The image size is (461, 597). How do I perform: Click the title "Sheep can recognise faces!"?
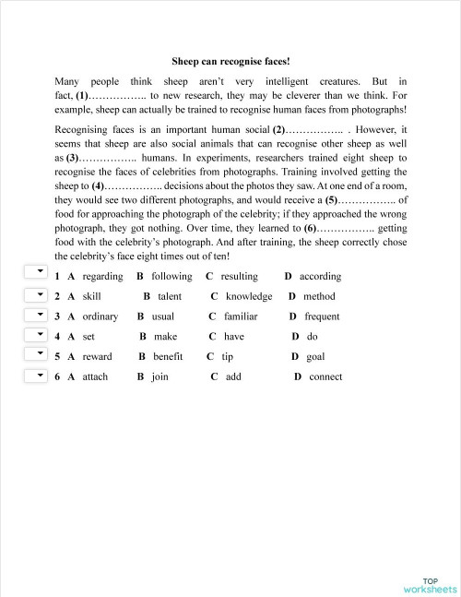pos(230,62)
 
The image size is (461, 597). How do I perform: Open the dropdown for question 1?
pos(35,271)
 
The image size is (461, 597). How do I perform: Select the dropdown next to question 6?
pos(35,376)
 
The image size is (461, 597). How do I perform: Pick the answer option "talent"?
pos(169,296)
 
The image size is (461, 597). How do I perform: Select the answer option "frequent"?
pos(322,316)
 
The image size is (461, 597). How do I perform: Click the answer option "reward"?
pos(97,356)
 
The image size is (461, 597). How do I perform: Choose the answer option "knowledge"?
pos(248,296)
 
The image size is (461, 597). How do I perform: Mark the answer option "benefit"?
pos(168,356)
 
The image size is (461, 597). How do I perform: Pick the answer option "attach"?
pos(95,376)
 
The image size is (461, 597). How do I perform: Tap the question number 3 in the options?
pos(57,316)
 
